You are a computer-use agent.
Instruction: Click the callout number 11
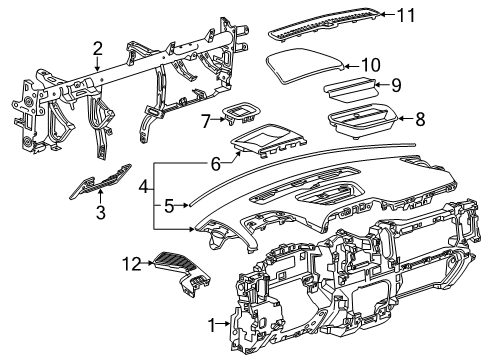(x=406, y=15)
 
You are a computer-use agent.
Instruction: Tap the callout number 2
(x=97, y=49)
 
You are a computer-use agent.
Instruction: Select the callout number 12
(x=132, y=264)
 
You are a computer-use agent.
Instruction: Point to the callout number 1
(x=212, y=325)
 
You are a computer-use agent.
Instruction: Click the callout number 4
(x=143, y=187)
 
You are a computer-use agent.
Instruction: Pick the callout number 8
(x=420, y=119)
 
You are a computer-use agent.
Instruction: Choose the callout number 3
(x=100, y=212)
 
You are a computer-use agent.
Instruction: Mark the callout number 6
(x=216, y=163)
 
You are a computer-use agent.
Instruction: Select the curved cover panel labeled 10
(x=304, y=65)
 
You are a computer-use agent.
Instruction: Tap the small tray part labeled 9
(x=350, y=88)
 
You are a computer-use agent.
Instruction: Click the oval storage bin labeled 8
(x=362, y=122)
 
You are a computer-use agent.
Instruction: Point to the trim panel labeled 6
(x=268, y=140)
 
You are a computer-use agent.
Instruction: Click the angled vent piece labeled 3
(x=100, y=182)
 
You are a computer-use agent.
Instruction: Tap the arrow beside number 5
(x=182, y=206)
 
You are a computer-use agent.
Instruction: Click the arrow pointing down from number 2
(x=97, y=64)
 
